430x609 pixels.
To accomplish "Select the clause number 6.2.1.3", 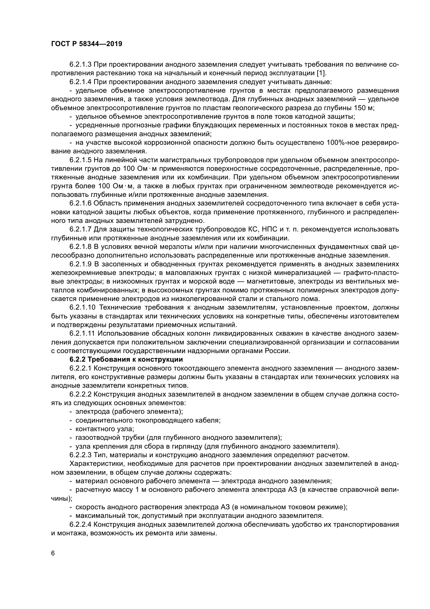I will point(81,65).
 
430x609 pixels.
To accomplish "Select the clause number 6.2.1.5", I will point(81,160).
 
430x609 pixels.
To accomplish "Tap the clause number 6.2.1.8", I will point(81,247).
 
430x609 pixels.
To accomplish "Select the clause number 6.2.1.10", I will point(82,307).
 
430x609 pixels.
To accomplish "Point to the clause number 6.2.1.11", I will point(82,334).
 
